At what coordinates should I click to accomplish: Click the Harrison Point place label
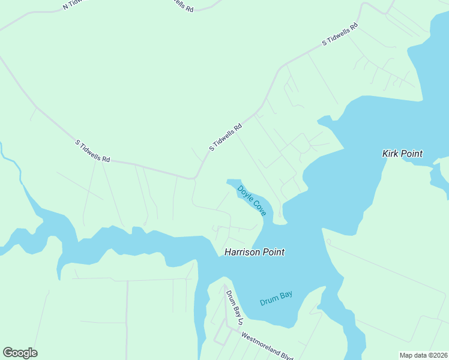tap(254, 253)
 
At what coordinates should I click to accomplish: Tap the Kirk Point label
tap(402, 154)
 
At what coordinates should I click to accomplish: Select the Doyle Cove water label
tap(252, 200)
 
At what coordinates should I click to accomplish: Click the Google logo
tap(20, 353)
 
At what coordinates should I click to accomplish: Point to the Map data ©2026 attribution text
tap(423, 355)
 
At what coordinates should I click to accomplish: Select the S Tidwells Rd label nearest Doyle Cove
tap(226, 137)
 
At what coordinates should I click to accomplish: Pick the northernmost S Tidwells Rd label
tap(340, 34)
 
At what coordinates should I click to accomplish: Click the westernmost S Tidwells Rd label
tap(92, 151)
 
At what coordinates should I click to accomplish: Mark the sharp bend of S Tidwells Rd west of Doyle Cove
tap(194, 178)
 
